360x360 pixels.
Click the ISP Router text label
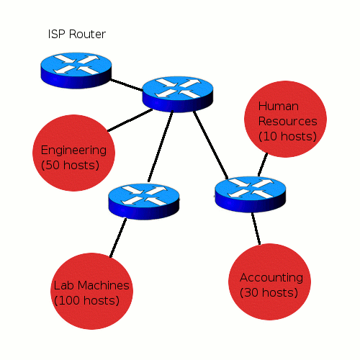pyautogui.click(x=77, y=34)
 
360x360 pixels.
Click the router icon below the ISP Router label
pyautogui.click(x=76, y=71)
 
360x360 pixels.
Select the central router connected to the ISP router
pyautogui.click(x=178, y=94)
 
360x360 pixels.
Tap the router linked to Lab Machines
pyautogui.click(x=144, y=202)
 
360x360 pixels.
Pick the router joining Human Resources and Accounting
pyautogui.click(x=251, y=194)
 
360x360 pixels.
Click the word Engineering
pyautogui.click(x=73, y=151)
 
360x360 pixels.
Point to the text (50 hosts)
pyautogui.click(x=70, y=165)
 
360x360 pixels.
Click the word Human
pyautogui.click(x=279, y=106)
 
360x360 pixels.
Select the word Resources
pyautogui.click(x=287, y=121)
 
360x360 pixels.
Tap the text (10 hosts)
pyautogui.click(x=287, y=136)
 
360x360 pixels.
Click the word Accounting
pyautogui.click(x=271, y=278)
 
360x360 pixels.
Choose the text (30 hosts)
pyautogui.click(x=269, y=292)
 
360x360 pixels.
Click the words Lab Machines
pyautogui.click(x=91, y=286)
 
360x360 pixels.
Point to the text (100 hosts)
pyautogui.click(x=86, y=300)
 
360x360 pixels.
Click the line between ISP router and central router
pyautogui.click(x=127, y=85)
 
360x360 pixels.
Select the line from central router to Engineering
pyautogui.click(x=130, y=120)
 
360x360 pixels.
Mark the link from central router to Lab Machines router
pyautogui.click(x=161, y=146)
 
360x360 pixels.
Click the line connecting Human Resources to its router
pyautogui.click(x=263, y=165)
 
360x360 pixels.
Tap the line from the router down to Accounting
pyautogui.click(x=256, y=228)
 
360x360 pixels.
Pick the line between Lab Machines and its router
pyautogui.click(x=118, y=238)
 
